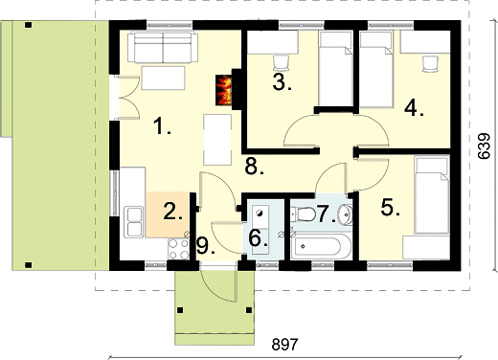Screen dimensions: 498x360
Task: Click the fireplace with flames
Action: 224,90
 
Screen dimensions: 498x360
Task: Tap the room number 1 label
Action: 162,126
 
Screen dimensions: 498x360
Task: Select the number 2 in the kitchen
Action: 172,212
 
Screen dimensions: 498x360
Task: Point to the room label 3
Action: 283,82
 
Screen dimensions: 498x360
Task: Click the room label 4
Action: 414,107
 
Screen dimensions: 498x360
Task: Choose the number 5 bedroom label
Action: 390,208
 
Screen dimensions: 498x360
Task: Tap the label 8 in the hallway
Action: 255,167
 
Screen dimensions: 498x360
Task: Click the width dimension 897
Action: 284,345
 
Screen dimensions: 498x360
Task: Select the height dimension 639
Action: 484,146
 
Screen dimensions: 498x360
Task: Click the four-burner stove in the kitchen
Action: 178,249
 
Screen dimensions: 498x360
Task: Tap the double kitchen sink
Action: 134,222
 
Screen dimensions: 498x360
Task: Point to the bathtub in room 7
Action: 318,246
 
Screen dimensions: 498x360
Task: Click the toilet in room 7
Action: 304,214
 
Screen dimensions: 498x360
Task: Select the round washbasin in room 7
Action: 345,214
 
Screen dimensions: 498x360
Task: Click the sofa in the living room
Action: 163,47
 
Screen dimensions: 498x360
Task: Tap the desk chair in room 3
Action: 282,62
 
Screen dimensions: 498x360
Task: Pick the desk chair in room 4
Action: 430,63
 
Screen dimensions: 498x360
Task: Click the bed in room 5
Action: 432,194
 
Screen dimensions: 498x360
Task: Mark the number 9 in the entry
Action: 206,246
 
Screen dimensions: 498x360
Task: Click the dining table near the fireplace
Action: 217,140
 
